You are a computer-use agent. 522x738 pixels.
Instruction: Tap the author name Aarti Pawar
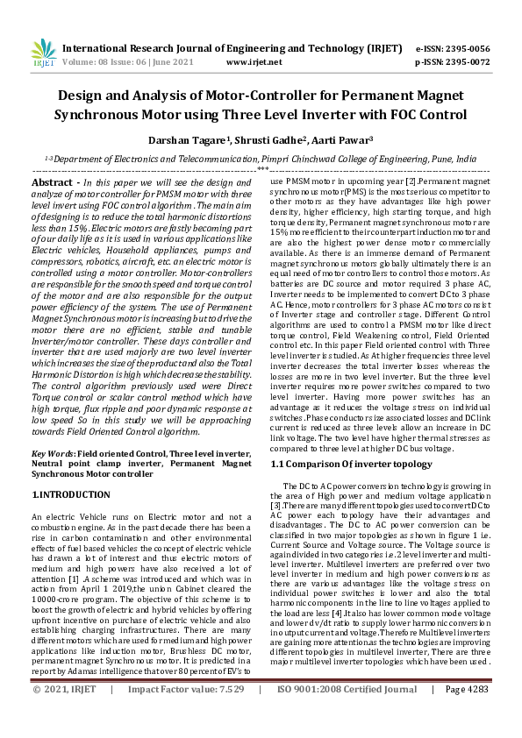(343, 138)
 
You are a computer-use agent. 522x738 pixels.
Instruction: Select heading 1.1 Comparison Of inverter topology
(351, 463)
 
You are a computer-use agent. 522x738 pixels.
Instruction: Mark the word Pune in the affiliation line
(442, 159)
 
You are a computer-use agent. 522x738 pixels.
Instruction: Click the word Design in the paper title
(86, 96)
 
